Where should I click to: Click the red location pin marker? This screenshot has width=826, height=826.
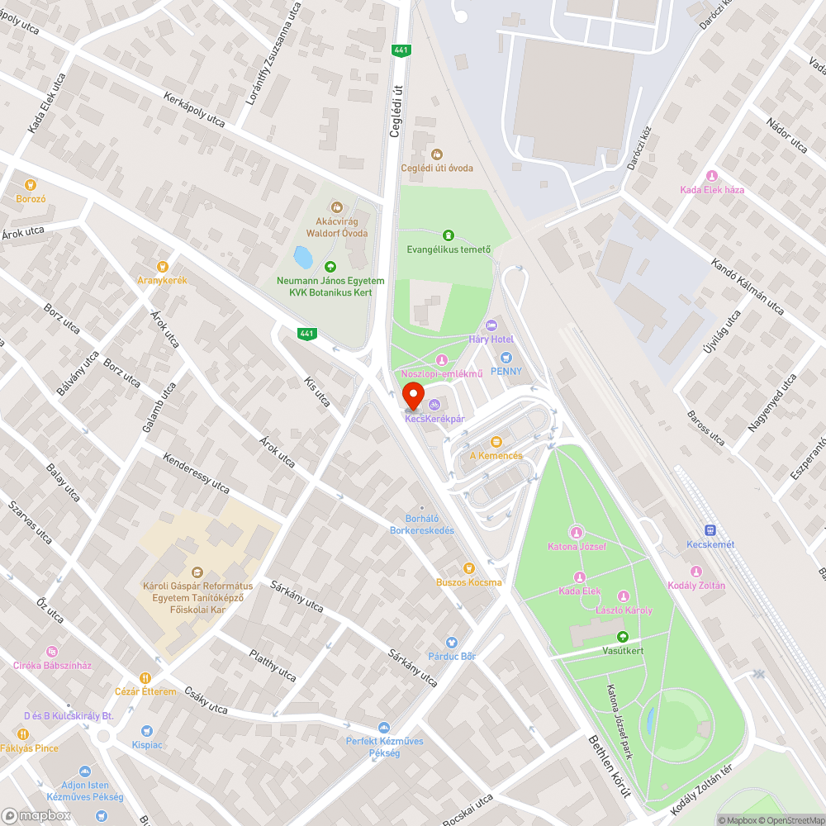tap(412, 394)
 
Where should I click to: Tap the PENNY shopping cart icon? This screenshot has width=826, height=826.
tap(506, 357)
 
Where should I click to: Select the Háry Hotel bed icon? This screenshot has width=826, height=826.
tap(491, 325)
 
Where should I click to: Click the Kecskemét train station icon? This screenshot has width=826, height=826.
tap(710, 529)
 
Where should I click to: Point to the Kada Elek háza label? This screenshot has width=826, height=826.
tap(712, 190)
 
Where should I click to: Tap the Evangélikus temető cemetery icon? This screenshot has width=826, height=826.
tap(449, 235)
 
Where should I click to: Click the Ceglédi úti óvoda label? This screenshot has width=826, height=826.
tap(437, 168)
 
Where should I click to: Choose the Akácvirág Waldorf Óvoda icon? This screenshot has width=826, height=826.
tap(336, 207)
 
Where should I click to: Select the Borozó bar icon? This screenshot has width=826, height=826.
tap(31, 184)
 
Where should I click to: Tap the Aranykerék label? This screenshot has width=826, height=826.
tap(163, 280)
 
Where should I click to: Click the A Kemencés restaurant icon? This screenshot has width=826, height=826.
tap(496, 442)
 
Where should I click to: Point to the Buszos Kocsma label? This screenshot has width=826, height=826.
tap(469, 582)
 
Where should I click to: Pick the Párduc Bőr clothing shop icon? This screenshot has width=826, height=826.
tap(451, 642)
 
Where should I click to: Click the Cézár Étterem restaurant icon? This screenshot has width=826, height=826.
tap(145, 677)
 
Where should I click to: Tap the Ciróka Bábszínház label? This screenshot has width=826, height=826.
tap(52, 665)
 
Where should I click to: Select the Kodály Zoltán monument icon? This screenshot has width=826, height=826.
tap(696, 572)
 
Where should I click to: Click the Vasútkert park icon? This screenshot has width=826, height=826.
tap(623, 637)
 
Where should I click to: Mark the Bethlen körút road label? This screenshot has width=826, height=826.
tap(610, 765)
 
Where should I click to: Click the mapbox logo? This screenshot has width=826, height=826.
tap(37, 814)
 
